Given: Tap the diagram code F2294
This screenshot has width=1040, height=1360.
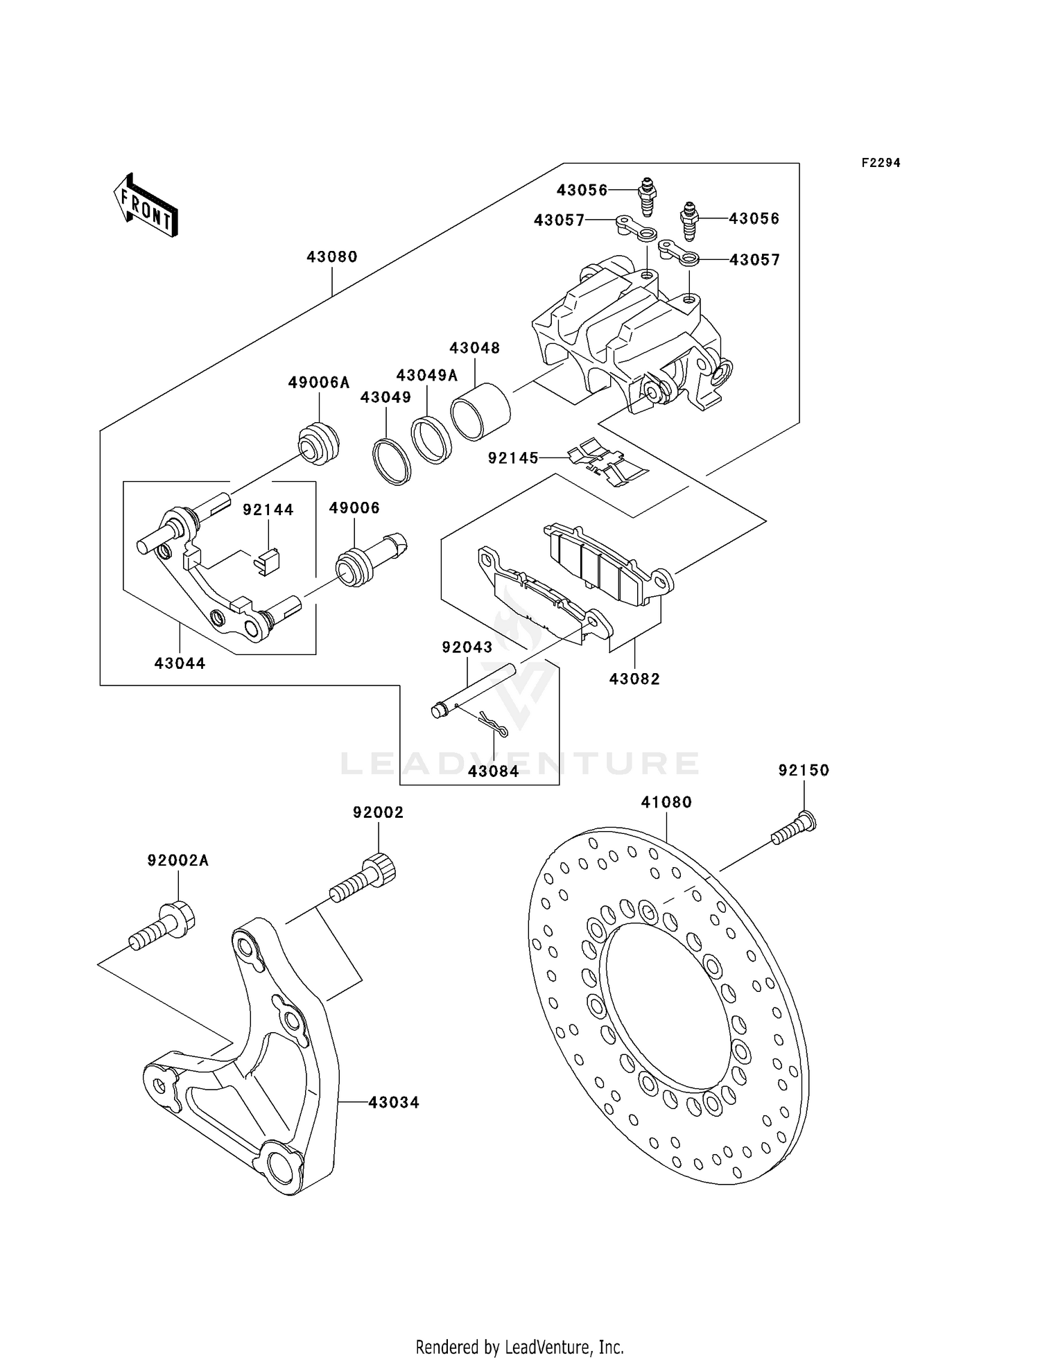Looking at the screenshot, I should pyautogui.click(x=881, y=163).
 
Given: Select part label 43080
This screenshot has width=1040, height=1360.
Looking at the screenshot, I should pyautogui.click(x=332, y=257).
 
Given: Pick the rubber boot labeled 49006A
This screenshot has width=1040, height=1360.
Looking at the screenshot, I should pyautogui.click(x=319, y=443).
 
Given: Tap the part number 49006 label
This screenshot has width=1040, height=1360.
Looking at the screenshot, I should pyautogui.click(x=354, y=508).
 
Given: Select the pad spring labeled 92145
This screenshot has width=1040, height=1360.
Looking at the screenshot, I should pyautogui.click(x=607, y=463).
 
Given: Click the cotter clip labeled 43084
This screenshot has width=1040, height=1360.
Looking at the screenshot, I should pyautogui.click(x=494, y=724).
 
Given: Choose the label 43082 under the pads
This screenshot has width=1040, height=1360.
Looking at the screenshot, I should pyautogui.click(x=634, y=679).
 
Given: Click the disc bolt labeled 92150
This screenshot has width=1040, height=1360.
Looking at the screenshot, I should pyautogui.click(x=794, y=830).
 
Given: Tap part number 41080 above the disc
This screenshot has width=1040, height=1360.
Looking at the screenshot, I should pyautogui.click(x=666, y=803).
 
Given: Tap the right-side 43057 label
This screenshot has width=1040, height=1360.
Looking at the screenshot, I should pyautogui.click(x=754, y=260).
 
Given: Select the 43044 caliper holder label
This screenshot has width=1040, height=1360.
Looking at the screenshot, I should pyautogui.click(x=180, y=663).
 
